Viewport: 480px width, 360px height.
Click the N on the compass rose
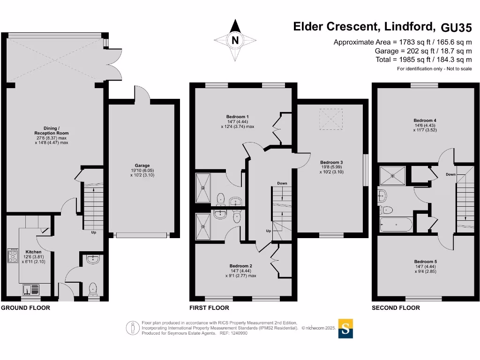235,40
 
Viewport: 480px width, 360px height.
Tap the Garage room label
142,165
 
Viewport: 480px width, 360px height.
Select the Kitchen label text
33,252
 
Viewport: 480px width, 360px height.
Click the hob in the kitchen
13,255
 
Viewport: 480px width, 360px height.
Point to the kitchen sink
31,289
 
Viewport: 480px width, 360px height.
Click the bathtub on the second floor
396,225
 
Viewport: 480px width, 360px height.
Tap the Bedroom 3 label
331,162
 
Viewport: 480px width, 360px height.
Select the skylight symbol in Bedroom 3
331,119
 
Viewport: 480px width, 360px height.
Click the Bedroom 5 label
426,262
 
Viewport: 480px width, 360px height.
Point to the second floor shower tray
392,176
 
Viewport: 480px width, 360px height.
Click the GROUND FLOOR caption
25,308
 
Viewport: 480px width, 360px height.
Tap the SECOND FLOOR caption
396,308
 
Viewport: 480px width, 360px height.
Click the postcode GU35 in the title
456,28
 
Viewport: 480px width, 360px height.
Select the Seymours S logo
345,329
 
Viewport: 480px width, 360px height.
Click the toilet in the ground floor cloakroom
93,289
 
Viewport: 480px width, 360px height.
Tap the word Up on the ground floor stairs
94,232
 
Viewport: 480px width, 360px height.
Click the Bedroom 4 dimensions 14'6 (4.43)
425,125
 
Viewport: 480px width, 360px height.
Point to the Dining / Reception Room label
52,131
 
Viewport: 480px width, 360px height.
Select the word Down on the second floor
450,174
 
